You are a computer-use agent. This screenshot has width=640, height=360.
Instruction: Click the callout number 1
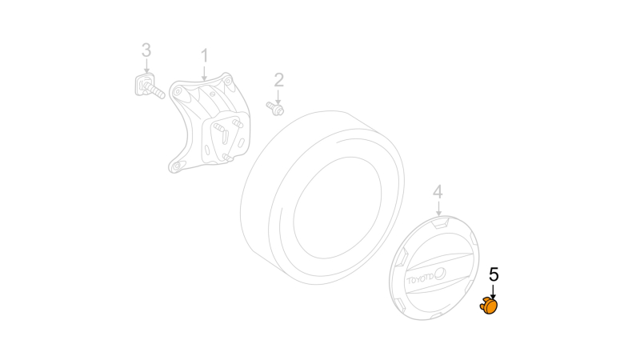pos(205,56)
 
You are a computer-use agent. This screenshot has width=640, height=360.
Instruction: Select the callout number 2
pos(278,80)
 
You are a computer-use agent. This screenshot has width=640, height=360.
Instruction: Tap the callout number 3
pos(146,50)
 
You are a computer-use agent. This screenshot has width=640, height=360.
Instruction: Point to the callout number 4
pos(438,192)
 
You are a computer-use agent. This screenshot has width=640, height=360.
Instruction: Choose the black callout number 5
pos(494,274)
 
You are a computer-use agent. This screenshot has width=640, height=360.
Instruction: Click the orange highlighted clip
pos(489,306)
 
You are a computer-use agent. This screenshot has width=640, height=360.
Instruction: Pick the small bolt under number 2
pos(275,109)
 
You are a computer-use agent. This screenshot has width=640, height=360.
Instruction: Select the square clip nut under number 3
pos(144,85)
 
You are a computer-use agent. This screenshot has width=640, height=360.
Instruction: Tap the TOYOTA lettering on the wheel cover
pos(420,279)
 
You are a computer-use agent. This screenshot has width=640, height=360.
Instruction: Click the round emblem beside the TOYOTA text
pos(440,274)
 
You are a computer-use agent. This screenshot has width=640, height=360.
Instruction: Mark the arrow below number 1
pos(205,73)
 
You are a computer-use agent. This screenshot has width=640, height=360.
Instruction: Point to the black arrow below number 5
pos(493,292)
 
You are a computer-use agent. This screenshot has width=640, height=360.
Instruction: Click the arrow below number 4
pos(438,209)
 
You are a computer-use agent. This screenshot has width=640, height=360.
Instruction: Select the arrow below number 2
pos(278,97)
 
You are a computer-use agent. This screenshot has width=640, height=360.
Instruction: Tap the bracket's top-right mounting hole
pos(228,81)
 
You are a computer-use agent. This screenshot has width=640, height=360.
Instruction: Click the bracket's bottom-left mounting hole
pos(176,166)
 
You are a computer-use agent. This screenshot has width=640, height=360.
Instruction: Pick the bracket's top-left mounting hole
pos(177,91)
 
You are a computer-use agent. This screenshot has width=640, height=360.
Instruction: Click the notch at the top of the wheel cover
pos(440,223)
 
